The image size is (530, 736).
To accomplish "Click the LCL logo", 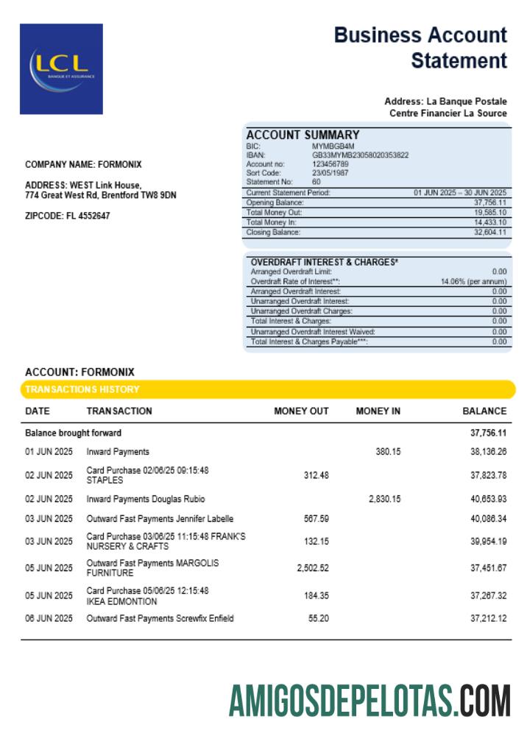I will [x=61, y=68].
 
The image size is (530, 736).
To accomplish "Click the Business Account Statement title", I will [x=420, y=47].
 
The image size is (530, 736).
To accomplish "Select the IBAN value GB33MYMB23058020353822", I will [x=360, y=155].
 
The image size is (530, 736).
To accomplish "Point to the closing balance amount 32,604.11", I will [x=490, y=233].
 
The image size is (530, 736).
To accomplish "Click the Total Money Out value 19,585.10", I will [x=490, y=212].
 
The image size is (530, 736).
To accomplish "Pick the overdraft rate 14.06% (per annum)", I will [x=473, y=281].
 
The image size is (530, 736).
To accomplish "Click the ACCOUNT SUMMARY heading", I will [x=303, y=135].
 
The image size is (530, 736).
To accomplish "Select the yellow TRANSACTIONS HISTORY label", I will [x=82, y=389].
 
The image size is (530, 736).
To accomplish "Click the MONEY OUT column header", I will [x=301, y=411].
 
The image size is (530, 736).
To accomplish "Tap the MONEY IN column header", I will [x=378, y=411].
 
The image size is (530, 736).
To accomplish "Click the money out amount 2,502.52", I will [x=312, y=567].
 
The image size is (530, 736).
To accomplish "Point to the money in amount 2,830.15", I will [x=384, y=499].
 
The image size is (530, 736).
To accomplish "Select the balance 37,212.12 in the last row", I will [x=488, y=618].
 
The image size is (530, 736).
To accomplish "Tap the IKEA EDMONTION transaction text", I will [x=121, y=601].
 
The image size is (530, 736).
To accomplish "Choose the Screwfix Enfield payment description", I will [x=199, y=618].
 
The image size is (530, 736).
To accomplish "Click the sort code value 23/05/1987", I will [x=331, y=173].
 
